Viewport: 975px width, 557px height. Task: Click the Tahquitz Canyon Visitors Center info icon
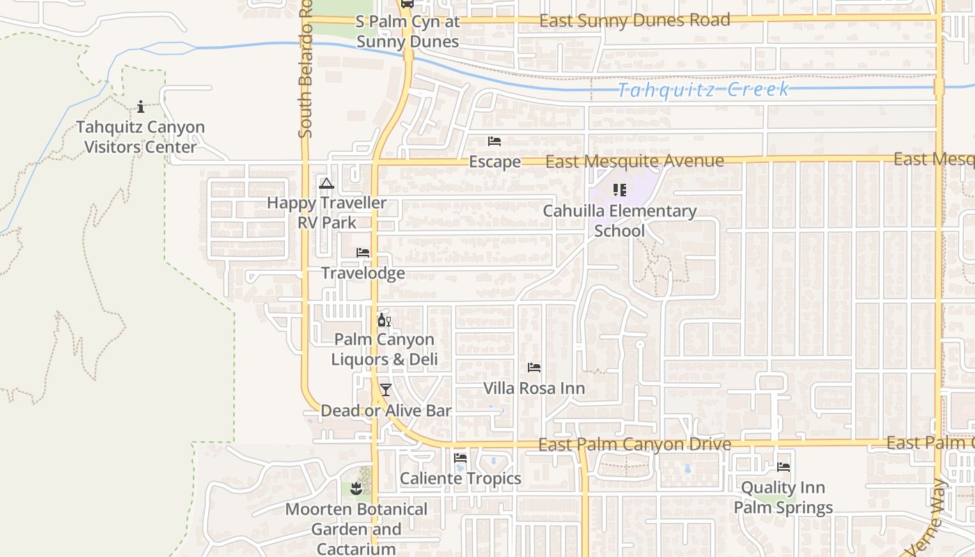[x=141, y=107]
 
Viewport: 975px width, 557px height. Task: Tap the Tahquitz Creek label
[x=703, y=90]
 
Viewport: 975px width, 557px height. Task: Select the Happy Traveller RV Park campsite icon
[x=326, y=184]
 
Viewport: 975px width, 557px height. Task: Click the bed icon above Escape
[x=494, y=141]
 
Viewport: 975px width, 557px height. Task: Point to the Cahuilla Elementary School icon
[x=619, y=189]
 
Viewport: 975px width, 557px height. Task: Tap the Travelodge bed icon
[x=363, y=253]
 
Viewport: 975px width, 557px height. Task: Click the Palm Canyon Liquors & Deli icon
[x=384, y=320]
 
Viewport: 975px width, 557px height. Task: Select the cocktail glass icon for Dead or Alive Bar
[x=385, y=390]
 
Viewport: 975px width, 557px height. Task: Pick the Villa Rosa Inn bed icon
[x=534, y=368]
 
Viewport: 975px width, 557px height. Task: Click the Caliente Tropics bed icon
[x=460, y=458]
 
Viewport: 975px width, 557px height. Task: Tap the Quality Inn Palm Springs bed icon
[x=783, y=467]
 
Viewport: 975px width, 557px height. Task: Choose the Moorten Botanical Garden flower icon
[x=357, y=489]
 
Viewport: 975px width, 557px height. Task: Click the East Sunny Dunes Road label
[x=634, y=20]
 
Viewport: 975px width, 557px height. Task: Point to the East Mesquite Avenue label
[x=634, y=162]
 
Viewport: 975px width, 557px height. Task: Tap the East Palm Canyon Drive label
[x=634, y=444]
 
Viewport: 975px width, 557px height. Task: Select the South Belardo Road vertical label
[x=306, y=70]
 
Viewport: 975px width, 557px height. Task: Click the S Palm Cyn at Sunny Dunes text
[x=407, y=31]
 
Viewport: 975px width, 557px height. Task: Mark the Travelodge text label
[x=363, y=273]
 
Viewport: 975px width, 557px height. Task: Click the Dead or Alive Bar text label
[x=386, y=411]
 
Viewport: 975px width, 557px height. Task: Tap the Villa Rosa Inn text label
[x=534, y=388]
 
